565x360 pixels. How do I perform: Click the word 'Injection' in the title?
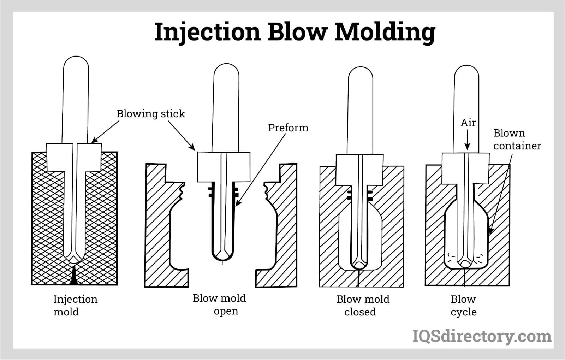tap(207, 32)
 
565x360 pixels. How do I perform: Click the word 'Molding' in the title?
tap(385, 32)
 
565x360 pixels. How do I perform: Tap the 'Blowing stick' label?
tap(151, 114)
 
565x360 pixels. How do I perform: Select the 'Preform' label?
tap(288, 128)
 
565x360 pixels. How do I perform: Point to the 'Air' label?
tap(468, 123)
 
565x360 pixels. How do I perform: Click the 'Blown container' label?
tap(517, 140)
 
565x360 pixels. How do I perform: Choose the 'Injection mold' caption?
tap(75, 306)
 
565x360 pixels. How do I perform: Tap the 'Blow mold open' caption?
tap(219, 305)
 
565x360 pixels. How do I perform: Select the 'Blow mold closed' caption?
tap(363, 306)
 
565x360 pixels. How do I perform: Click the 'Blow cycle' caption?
tap(464, 306)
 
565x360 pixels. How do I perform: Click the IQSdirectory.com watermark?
tap(482, 336)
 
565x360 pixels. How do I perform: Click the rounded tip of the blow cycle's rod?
tap(465, 264)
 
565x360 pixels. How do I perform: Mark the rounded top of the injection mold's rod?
tap(76, 64)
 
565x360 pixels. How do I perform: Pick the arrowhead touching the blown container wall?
tap(490, 231)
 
